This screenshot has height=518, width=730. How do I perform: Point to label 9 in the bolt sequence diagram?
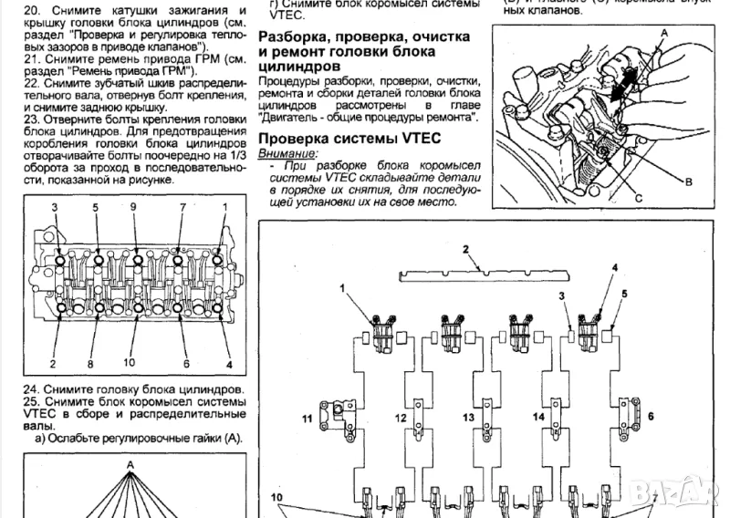click(x=134, y=208)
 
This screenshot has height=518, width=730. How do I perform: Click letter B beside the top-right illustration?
click(x=690, y=181)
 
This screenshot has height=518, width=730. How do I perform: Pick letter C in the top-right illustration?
click(x=639, y=197)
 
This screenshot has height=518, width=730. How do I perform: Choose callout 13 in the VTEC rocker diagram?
click(x=468, y=418)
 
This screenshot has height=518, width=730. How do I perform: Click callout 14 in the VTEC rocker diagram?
click(x=538, y=417)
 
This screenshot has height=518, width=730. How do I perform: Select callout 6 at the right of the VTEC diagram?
click(x=651, y=416)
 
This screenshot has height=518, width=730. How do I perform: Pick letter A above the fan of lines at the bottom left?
click(x=130, y=464)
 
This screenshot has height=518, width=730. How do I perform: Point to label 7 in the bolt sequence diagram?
click(x=182, y=208)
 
